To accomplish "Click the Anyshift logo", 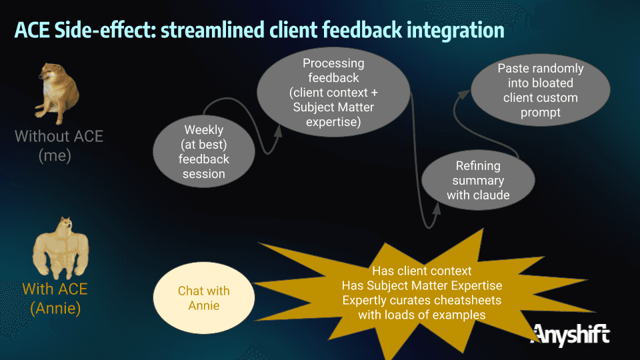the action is point(570,335).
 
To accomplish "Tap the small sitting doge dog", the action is point(57,93).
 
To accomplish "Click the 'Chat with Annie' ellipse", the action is point(204,298).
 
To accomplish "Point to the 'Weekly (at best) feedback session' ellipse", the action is point(204,151).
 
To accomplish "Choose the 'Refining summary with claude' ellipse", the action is point(478,180).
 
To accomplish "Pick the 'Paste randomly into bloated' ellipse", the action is point(541,90).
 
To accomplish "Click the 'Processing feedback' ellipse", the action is point(333,92).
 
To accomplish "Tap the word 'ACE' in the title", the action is point(32,30).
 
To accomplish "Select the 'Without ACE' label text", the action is point(59,136).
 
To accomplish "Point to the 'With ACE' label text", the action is point(55,289).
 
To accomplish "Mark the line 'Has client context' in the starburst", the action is point(421,271).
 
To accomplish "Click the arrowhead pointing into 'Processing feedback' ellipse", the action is point(279,131).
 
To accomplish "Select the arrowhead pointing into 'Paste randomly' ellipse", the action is point(464,94).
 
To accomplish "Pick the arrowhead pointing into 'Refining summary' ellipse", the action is point(436,209).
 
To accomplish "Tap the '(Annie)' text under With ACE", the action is point(55,308).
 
